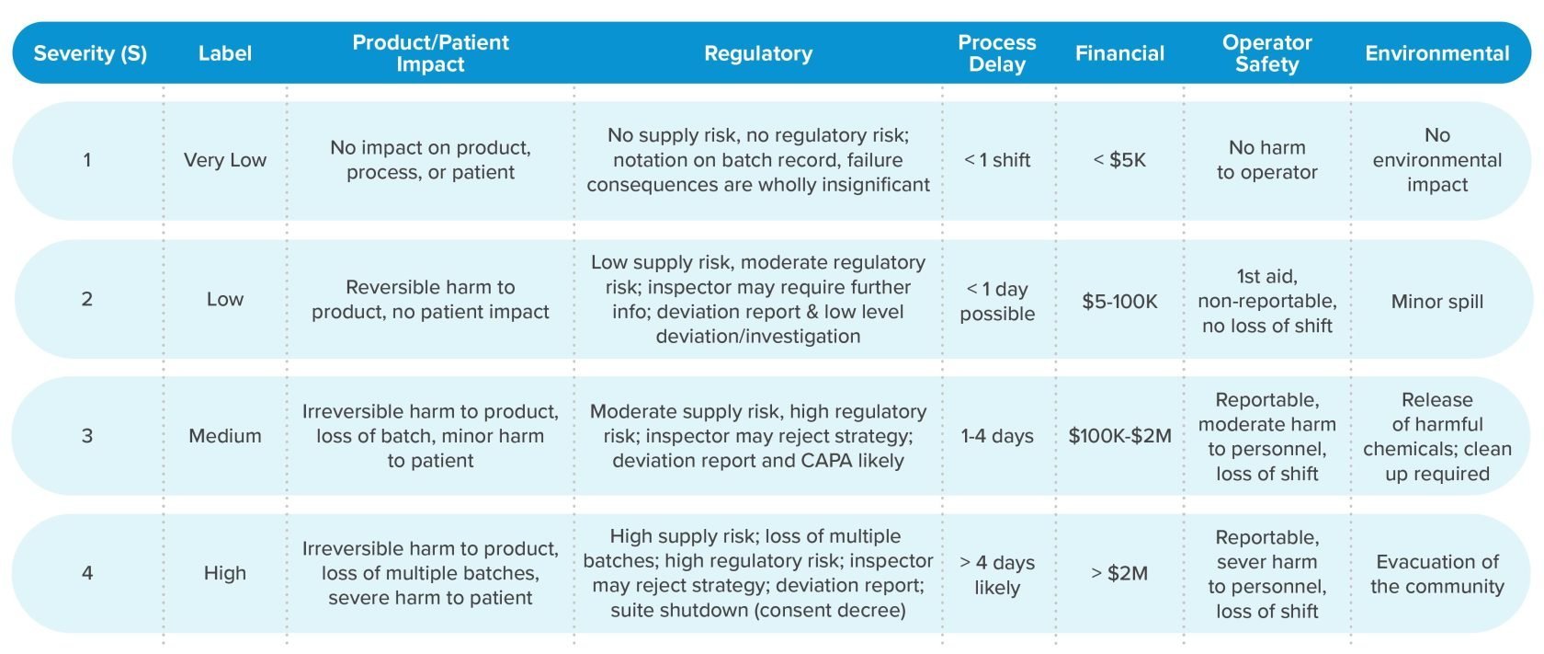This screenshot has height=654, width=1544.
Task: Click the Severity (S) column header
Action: [x=90, y=53]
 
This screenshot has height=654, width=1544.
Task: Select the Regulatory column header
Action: [x=758, y=53]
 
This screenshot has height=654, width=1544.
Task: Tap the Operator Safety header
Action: [x=1266, y=53]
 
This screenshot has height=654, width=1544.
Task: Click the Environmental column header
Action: [x=1436, y=53]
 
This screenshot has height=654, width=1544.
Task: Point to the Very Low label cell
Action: [x=224, y=160]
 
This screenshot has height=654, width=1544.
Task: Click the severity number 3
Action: [x=87, y=436]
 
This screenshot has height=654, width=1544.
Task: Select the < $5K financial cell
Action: [x=1119, y=160]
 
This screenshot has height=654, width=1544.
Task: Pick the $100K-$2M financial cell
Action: [x=1119, y=436]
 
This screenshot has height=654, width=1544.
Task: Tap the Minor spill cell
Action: [x=1436, y=302]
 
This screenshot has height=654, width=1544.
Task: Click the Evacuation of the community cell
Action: [x=1436, y=574]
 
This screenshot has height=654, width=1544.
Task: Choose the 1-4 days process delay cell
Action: [x=997, y=436]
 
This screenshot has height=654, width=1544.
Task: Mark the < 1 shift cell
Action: [x=997, y=160]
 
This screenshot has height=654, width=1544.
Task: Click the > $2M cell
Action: [x=1119, y=573]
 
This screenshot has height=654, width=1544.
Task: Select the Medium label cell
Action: [x=224, y=436]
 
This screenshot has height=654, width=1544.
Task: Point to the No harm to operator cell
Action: [x=1266, y=160]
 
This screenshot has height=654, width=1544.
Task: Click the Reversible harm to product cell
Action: [x=430, y=300]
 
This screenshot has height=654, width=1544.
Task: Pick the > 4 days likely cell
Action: [x=997, y=575]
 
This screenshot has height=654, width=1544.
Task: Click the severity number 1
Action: [x=87, y=160]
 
